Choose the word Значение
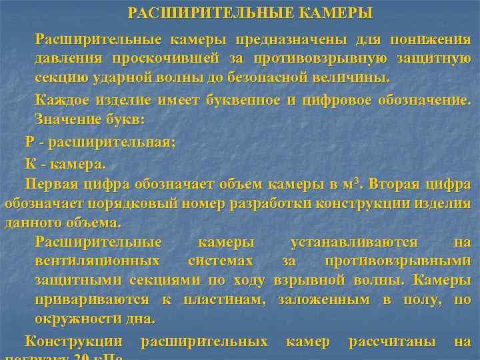point(66,120)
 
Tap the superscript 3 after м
point(358,179)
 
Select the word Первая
point(51,183)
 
